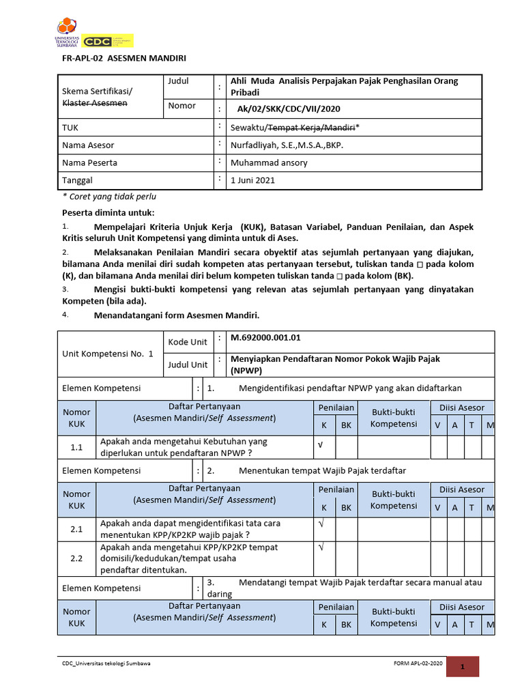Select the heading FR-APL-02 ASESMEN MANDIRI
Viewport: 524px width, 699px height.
[124, 59]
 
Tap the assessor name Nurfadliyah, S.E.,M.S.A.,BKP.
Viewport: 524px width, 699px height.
[287, 145]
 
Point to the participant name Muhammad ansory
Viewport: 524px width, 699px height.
[269, 162]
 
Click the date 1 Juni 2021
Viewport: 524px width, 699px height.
[254, 180]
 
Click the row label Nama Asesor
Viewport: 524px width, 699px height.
[88, 145]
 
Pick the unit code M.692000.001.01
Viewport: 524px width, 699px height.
[265, 337]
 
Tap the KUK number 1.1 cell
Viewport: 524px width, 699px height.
[76, 448]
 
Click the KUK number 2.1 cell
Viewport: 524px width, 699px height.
[76, 529]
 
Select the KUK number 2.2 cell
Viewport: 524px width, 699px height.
[76, 558]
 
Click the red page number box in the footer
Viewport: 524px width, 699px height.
[462, 667]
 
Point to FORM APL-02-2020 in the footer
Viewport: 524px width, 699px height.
[418, 664]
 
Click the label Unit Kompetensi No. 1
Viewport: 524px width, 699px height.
[108, 354]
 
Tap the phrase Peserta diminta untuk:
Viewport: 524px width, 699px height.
[108, 213]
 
